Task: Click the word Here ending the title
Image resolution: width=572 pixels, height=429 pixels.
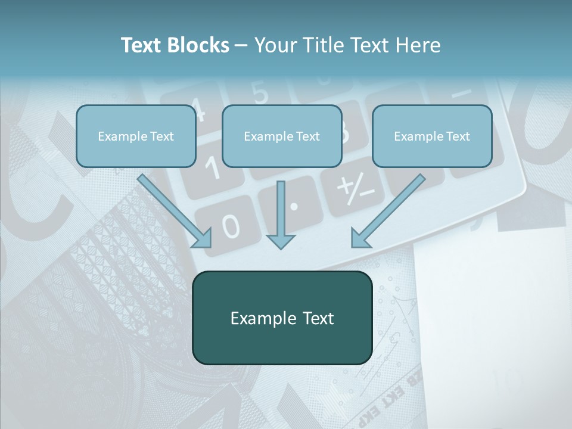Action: click(419, 45)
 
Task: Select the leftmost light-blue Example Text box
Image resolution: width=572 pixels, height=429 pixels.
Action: click(136, 136)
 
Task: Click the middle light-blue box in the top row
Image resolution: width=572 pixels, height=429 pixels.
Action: click(282, 136)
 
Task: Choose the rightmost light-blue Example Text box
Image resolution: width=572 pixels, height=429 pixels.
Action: click(432, 136)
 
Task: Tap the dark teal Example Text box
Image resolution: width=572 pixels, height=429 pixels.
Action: click(282, 318)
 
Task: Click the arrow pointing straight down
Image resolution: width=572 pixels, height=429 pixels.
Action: click(281, 214)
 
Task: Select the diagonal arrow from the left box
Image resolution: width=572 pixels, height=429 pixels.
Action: click(176, 212)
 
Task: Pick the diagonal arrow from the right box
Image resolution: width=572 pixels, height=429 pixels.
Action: click(387, 212)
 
